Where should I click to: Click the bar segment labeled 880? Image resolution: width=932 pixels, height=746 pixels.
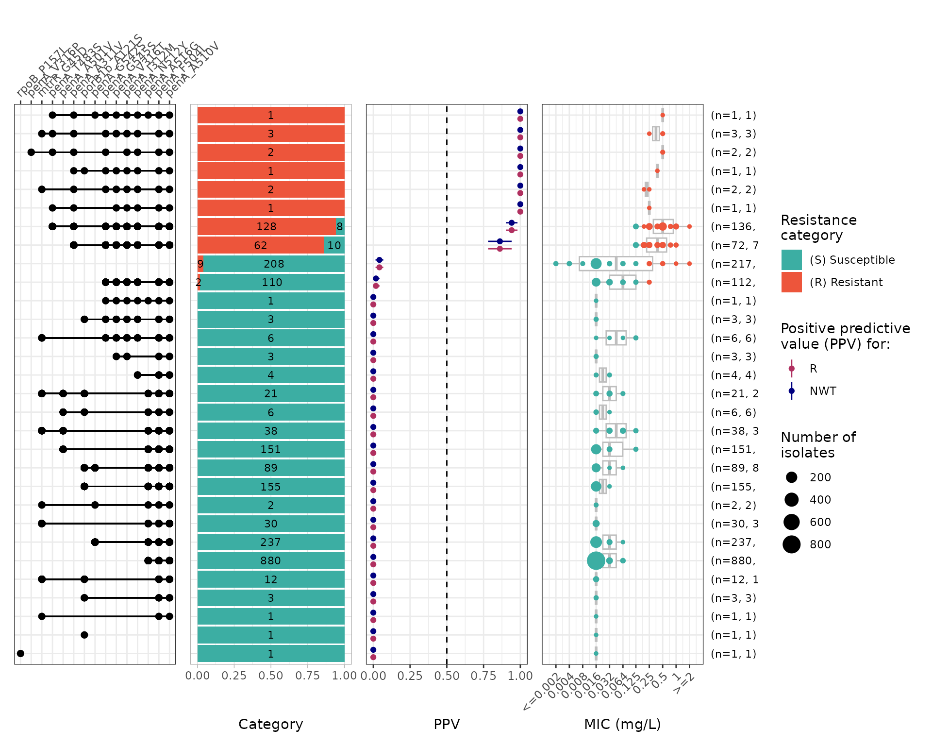coord(271,560)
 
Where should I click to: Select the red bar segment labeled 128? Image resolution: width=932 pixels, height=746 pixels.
coord(266,226)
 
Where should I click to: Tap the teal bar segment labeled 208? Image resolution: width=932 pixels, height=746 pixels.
coord(274,264)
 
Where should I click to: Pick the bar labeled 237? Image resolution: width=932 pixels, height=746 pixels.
coord(271,542)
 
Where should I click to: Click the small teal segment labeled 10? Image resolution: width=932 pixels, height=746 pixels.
coord(334,245)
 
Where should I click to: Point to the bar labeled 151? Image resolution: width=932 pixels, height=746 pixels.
coord(271,449)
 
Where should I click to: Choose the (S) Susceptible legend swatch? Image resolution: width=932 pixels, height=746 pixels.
coord(791,260)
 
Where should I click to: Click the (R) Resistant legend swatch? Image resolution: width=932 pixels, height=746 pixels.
coord(791,282)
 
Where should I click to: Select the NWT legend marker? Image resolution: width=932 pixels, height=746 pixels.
coord(792,391)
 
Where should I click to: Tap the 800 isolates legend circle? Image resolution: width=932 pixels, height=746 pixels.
coord(792,544)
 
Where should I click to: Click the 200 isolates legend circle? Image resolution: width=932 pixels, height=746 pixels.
coord(792,477)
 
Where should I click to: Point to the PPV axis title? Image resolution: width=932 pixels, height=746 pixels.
coord(447,724)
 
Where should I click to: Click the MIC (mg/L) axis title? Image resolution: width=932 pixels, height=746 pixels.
coord(622,724)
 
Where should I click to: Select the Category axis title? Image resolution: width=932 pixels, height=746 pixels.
coord(271,724)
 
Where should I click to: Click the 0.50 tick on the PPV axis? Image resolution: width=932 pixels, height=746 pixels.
coord(447,676)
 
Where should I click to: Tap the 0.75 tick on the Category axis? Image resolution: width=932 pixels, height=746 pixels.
coord(308,676)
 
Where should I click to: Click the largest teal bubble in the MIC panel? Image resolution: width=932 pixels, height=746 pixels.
coord(596,560)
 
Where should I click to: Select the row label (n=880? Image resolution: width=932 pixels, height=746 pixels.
coord(733,560)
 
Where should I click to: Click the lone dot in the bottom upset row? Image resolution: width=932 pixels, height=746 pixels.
coord(20,653)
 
